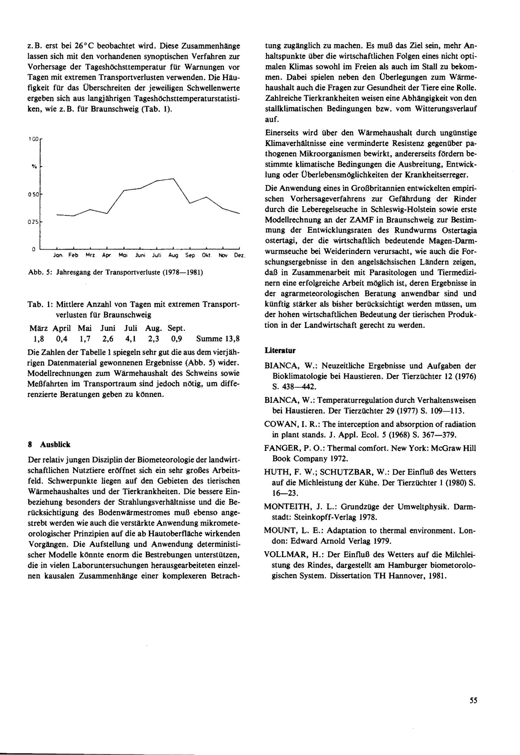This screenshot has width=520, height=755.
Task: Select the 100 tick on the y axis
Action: tap(33, 139)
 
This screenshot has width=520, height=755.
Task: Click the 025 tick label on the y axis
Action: tap(33, 222)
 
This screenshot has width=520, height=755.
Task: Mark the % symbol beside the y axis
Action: tap(34, 166)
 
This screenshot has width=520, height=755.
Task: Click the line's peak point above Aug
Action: tap(173, 179)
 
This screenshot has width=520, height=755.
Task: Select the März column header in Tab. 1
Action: tap(38, 328)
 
